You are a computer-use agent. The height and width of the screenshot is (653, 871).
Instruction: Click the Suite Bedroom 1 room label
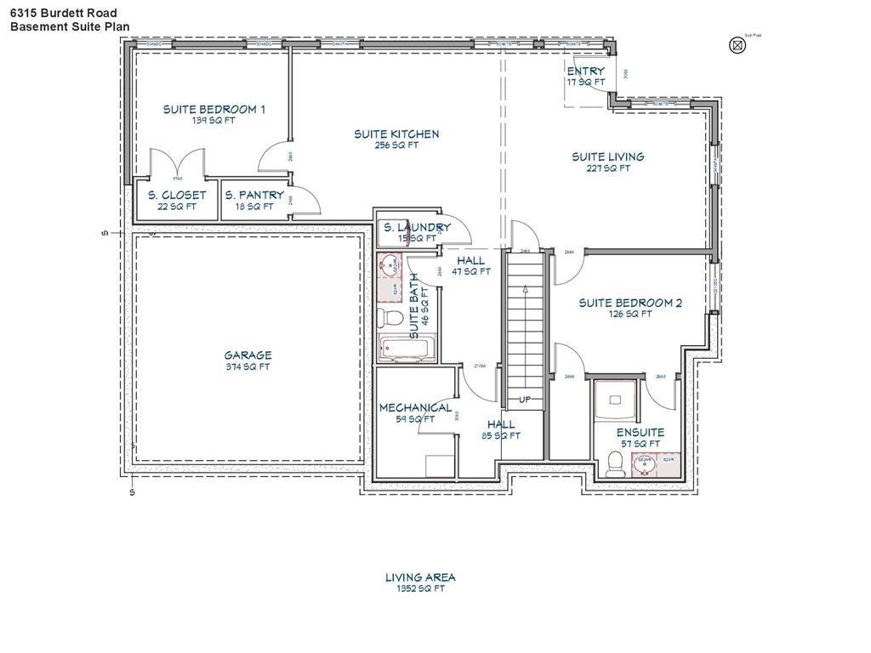(x=213, y=109)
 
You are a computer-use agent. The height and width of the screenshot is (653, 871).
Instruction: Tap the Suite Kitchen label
(x=396, y=134)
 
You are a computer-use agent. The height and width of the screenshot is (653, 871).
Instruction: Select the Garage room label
(x=248, y=355)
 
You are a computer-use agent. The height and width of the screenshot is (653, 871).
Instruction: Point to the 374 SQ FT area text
(x=248, y=367)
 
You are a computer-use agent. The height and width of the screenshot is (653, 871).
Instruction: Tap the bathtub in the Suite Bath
(x=407, y=349)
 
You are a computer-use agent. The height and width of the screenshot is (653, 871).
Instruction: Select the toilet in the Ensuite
(x=614, y=463)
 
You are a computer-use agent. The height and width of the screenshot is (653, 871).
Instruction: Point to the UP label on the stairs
(x=524, y=399)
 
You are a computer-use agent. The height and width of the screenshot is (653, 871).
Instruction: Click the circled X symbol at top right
(x=737, y=45)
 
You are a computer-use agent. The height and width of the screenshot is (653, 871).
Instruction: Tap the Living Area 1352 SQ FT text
(x=419, y=582)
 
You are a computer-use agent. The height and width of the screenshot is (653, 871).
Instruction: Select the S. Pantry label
(x=254, y=195)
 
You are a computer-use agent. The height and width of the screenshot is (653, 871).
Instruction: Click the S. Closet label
(x=177, y=195)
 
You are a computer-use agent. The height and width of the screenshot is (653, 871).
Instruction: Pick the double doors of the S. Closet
(x=178, y=164)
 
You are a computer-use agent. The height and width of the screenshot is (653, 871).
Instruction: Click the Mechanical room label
(x=415, y=407)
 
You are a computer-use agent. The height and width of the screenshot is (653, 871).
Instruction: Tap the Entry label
(x=586, y=71)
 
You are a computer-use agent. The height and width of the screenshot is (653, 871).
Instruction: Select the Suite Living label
(x=607, y=156)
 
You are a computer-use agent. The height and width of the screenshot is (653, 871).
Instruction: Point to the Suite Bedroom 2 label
(x=630, y=303)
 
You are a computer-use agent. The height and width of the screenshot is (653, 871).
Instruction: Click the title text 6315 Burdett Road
(x=64, y=13)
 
